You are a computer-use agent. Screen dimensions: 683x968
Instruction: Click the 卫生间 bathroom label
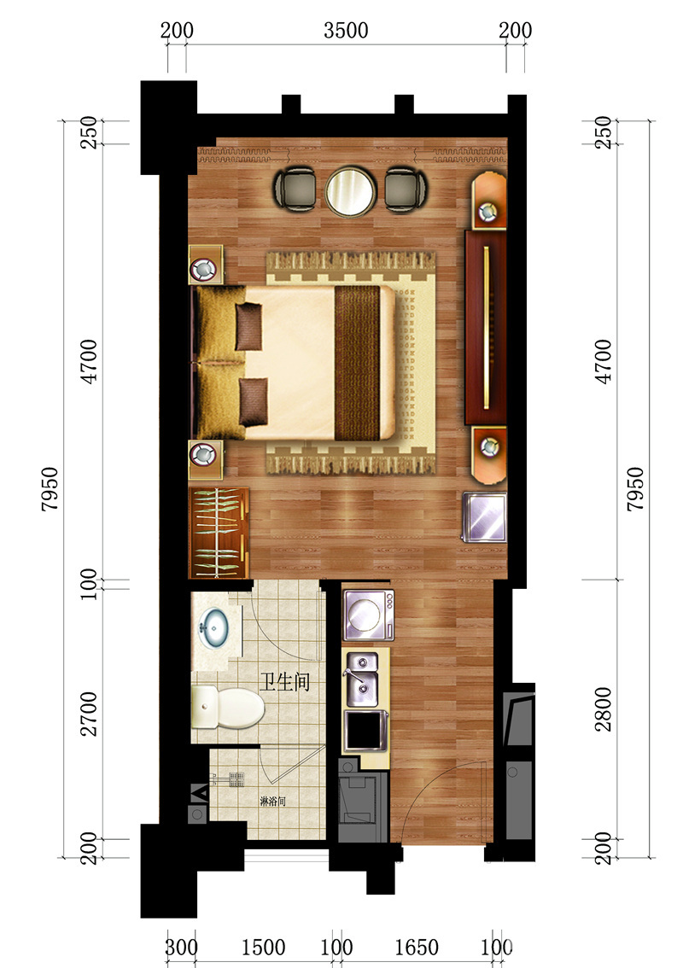284,682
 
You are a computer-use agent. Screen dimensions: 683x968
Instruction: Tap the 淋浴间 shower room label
272,802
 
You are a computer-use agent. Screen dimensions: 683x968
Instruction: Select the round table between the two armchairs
351,192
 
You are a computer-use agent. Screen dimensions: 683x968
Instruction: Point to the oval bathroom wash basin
213,627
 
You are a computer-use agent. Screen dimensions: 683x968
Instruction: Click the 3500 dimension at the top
346,30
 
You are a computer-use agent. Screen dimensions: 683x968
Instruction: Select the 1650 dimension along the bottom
417,948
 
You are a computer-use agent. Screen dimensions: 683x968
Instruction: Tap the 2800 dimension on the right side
604,709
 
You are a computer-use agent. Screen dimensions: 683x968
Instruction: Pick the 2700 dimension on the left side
89,714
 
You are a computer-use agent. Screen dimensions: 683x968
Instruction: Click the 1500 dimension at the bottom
263,948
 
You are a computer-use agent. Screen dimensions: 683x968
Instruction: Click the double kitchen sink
363,679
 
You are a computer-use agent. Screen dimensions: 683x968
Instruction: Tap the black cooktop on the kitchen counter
365,731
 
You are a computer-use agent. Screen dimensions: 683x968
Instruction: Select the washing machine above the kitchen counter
369,615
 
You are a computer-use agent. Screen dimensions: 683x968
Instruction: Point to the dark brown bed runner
357,363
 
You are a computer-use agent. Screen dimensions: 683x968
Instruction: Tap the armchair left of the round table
295,190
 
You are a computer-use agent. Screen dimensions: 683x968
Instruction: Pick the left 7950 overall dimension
50,489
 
